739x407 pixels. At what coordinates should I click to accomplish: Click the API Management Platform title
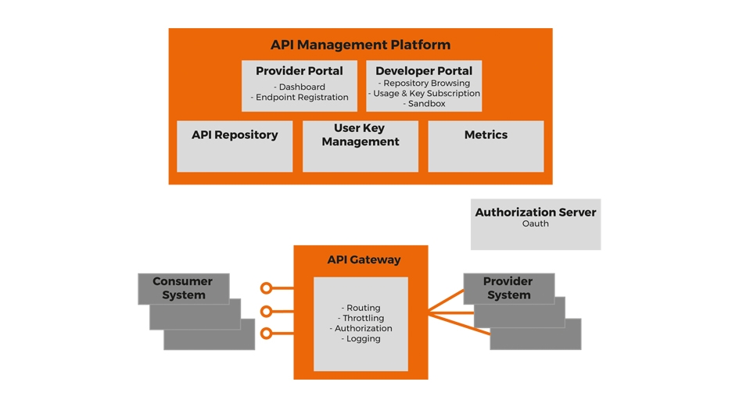tap(361, 45)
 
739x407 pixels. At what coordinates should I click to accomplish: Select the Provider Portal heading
tap(300, 71)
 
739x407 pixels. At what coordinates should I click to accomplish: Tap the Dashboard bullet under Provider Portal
tap(300, 87)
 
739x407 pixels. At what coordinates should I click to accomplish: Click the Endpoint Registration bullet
tap(300, 98)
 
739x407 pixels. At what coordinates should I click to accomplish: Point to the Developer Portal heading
tap(424, 71)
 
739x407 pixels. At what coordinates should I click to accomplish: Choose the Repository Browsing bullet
tap(425, 83)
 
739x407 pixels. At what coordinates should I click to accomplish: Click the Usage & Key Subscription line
tap(425, 93)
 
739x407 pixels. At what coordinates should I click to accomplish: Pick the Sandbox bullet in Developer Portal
tap(425, 103)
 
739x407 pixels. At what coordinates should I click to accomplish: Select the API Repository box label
tap(235, 134)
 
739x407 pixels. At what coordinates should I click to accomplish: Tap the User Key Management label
tap(361, 134)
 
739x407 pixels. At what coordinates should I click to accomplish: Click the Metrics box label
tap(486, 134)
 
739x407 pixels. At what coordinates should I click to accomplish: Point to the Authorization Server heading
tap(536, 212)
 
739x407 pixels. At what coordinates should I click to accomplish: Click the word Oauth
tap(536, 223)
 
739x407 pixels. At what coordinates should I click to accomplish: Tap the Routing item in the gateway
tap(361, 308)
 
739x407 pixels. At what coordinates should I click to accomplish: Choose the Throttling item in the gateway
tap(361, 318)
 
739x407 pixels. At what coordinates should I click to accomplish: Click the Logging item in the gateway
tap(361, 338)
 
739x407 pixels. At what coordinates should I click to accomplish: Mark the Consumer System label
tap(183, 287)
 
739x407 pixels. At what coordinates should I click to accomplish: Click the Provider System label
tap(508, 287)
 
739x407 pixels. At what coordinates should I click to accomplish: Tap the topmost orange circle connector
tap(267, 288)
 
